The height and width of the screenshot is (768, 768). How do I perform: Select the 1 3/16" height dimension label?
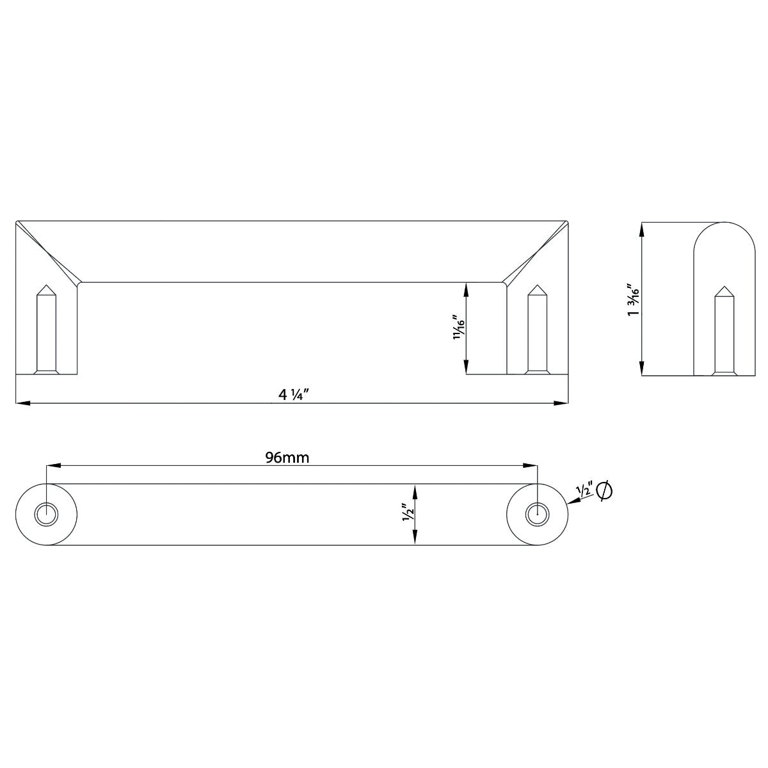click(633, 299)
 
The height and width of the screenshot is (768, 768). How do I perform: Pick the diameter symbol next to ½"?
click(604, 491)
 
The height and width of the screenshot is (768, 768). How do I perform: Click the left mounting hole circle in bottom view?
click(46, 514)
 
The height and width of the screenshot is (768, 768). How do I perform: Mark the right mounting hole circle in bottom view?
click(536, 514)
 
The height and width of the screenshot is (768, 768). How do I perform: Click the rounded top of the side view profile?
click(724, 225)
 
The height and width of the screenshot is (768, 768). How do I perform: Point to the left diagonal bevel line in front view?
click(48, 252)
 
